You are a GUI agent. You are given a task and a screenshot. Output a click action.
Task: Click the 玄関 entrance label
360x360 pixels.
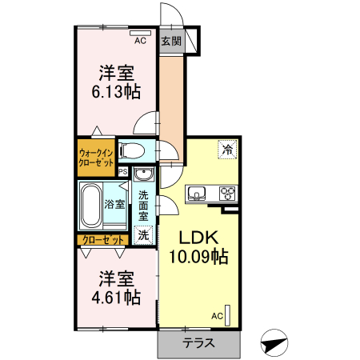click(x=170, y=42)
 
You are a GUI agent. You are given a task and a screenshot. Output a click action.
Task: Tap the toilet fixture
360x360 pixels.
click(x=132, y=150)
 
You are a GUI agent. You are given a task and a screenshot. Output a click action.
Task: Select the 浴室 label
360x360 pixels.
click(x=114, y=204)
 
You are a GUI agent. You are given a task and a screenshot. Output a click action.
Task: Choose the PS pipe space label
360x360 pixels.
click(x=123, y=171)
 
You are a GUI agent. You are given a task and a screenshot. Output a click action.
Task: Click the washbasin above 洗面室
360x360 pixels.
click(x=144, y=176)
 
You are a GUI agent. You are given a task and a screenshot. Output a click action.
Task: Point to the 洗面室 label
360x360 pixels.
click(x=143, y=206)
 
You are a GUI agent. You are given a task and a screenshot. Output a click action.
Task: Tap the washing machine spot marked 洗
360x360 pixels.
click(x=143, y=235)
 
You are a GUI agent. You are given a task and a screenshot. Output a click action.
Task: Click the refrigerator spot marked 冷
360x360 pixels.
click(x=227, y=149)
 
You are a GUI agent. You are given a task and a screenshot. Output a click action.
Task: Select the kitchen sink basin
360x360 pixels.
click(x=198, y=194)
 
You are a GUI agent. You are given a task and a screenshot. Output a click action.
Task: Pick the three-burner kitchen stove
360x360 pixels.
click(x=227, y=194)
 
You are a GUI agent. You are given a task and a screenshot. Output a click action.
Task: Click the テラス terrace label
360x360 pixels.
click(x=198, y=345)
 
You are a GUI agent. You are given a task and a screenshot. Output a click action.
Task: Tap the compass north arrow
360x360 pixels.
click(x=274, y=344)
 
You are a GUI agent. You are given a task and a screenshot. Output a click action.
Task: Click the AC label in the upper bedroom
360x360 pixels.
click(x=140, y=40)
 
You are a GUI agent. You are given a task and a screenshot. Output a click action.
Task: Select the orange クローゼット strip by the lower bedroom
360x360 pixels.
click(x=103, y=240)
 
